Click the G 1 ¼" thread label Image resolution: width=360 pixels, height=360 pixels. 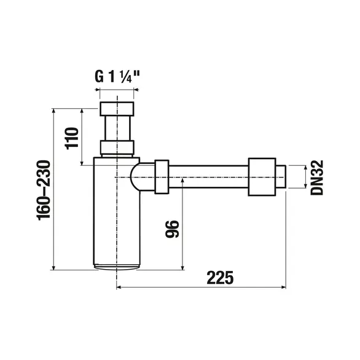pos(116,77)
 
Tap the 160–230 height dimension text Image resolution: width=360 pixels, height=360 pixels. pos(44,190)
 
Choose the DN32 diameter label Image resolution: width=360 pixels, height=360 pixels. pos(318,178)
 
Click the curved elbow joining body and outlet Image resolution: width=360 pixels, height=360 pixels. pos(143,178)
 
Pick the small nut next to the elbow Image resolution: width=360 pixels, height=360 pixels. pos(162,178)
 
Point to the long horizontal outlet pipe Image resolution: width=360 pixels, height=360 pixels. pos(209,178)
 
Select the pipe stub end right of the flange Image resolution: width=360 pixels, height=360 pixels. pos(280,178)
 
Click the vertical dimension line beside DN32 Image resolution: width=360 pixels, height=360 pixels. pos(305,178)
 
